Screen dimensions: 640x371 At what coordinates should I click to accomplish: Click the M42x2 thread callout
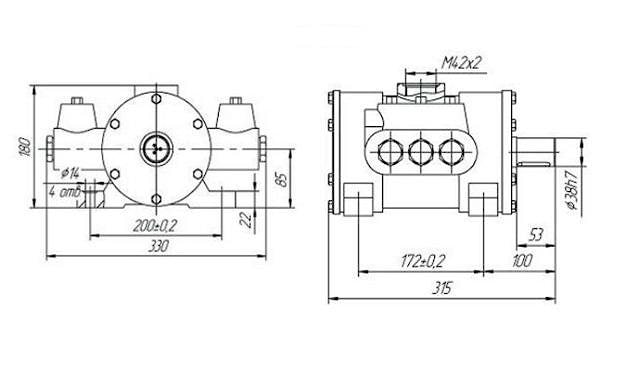(462, 63)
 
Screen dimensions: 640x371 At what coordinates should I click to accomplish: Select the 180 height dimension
(25, 147)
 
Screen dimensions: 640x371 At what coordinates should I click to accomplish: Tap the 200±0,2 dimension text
(155, 226)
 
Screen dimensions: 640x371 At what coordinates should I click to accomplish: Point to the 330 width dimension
(158, 246)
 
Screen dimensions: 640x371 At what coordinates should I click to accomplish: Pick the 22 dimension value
(246, 220)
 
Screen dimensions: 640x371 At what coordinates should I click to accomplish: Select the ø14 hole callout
(70, 173)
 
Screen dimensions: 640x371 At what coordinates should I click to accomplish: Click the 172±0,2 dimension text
(422, 261)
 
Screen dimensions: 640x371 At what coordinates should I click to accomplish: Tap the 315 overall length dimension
(442, 288)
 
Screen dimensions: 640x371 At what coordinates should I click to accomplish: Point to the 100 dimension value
(522, 260)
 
